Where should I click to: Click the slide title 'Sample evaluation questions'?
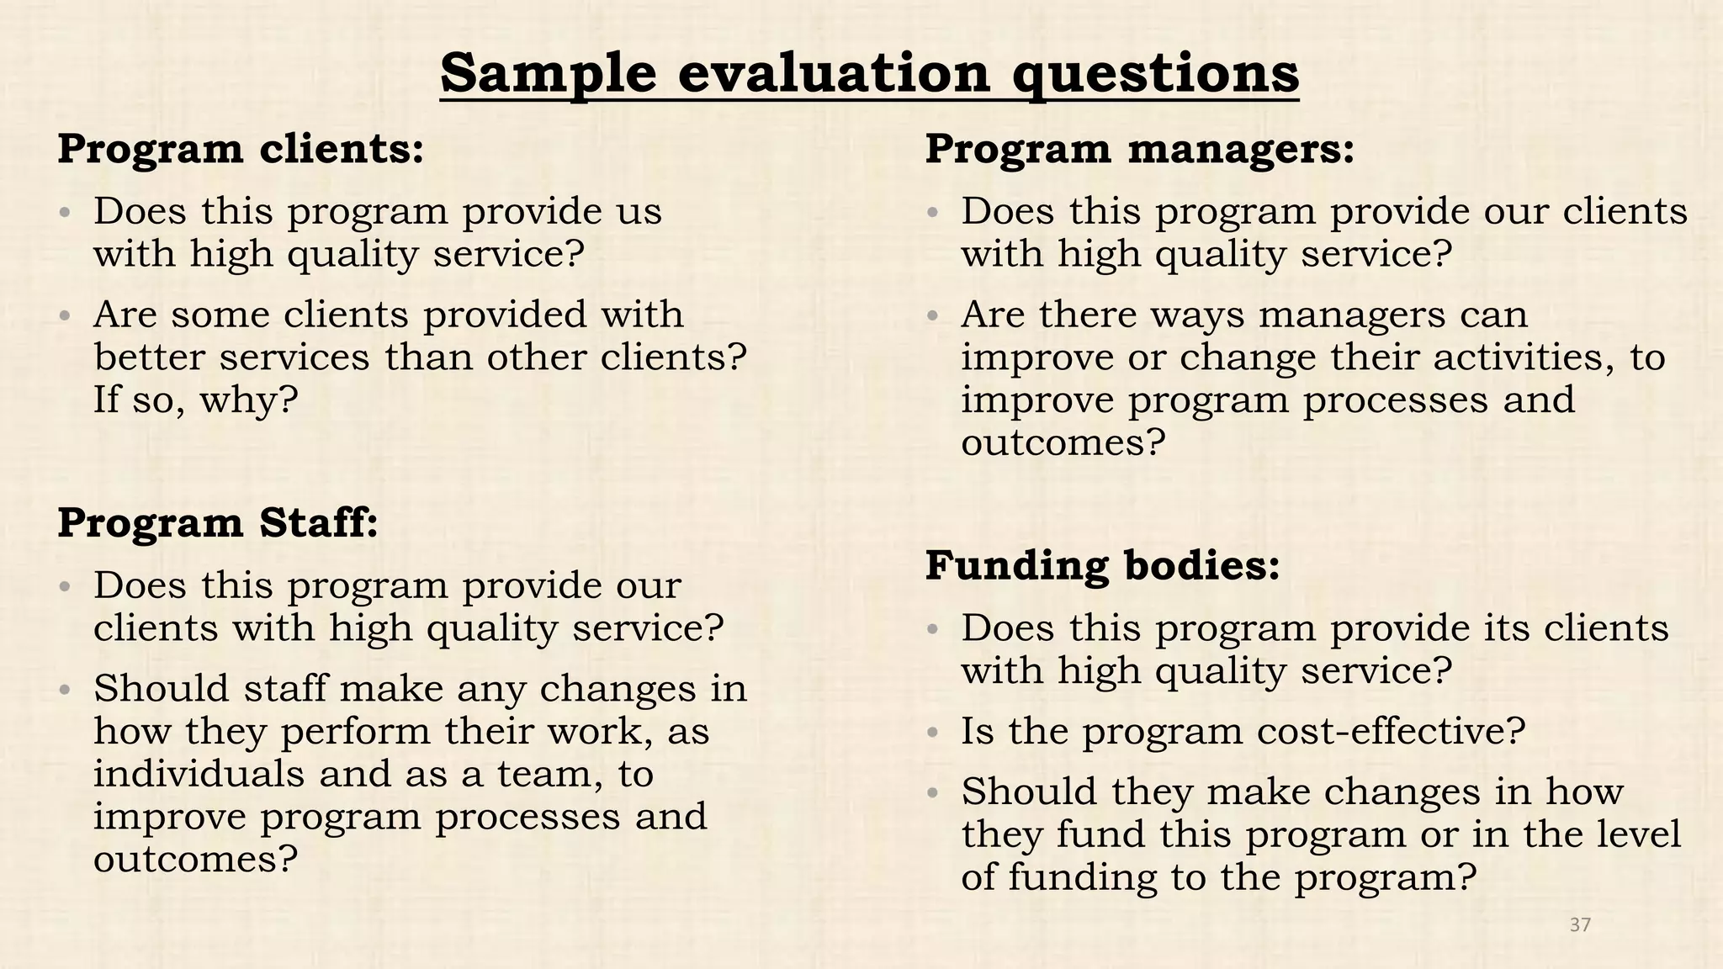869,73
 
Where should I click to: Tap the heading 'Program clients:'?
241,149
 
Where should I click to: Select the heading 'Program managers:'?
1140,149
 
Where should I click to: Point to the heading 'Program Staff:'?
218,522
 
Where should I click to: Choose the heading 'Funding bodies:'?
1102,564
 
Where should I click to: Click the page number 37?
1580,925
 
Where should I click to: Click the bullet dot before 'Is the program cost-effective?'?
931,733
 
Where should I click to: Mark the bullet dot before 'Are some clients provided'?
64,316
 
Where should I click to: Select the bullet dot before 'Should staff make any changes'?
64,690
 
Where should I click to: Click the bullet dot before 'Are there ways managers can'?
931,316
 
